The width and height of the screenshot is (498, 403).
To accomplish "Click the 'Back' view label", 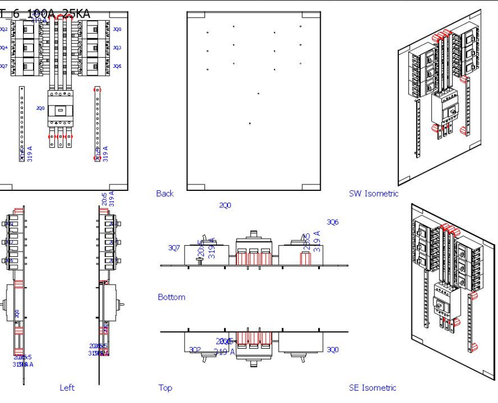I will pyautogui.click(x=165, y=193).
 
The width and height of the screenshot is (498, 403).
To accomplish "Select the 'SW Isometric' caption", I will pyautogui.click(x=374, y=193).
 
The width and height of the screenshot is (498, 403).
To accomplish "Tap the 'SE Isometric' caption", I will pyautogui.click(x=372, y=387).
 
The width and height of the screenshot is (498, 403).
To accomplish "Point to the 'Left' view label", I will pyautogui.click(x=67, y=387).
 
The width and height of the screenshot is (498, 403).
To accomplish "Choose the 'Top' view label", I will pyautogui.click(x=165, y=387).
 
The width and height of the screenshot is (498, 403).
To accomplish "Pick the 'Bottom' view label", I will pyautogui.click(x=172, y=297).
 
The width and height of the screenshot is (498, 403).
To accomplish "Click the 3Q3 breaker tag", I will pyautogui.click(x=117, y=48).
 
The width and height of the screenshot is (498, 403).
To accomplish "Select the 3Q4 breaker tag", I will pyautogui.click(x=4, y=48).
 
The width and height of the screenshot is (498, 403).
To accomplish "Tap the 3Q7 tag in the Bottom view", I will pyautogui.click(x=174, y=248).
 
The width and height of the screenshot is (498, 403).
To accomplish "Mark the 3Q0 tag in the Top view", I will pyautogui.click(x=333, y=349).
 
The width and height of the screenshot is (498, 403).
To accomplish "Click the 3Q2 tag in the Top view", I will pyautogui.click(x=194, y=349).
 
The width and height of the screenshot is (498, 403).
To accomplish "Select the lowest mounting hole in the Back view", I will pyautogui.click(x=250, y=123).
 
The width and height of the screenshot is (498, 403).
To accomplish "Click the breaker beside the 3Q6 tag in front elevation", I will pyautogui.click(x=94, y=67).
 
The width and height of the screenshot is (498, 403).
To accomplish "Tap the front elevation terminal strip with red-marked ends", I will pyautogui.click(x=97, y=123).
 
